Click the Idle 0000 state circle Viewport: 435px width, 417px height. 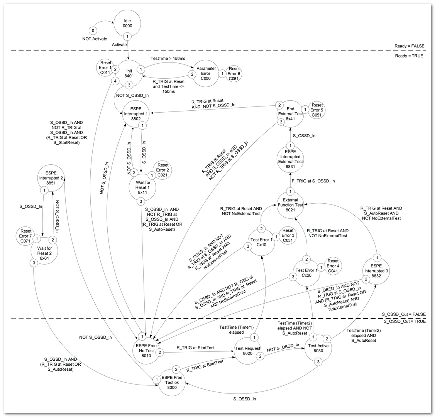pos(127,23)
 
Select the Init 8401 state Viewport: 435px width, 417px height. pos(129,74)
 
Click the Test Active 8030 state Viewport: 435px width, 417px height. pos(318,348)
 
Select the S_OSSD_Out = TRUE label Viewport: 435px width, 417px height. pos(404,321)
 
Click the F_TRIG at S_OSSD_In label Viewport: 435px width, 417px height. pos(313,181)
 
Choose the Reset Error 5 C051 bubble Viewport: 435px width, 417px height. pos(317,110)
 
